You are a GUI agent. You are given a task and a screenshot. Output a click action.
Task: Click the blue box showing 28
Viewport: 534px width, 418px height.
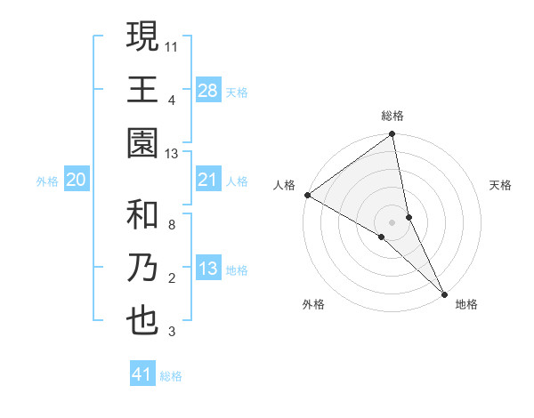(208, 91)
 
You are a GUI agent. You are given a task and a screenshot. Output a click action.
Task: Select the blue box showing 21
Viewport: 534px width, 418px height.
(208, 181)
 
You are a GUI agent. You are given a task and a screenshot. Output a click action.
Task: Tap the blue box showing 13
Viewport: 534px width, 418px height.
(208, 269)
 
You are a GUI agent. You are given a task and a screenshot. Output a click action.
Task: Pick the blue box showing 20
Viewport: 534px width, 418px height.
(77, 181)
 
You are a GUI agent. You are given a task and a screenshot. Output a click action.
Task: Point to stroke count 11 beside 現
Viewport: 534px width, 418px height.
(173, 44)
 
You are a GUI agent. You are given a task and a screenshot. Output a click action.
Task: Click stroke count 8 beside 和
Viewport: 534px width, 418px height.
(172, 224)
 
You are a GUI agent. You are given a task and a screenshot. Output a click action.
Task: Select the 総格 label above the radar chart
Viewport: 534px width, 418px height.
(392, 116)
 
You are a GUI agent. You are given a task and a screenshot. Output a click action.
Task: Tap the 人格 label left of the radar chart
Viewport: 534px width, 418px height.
(284, 185)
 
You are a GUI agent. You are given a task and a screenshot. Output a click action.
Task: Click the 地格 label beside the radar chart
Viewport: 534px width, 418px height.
(466, 304)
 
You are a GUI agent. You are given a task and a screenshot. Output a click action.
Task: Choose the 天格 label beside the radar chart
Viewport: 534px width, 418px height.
(501, 185)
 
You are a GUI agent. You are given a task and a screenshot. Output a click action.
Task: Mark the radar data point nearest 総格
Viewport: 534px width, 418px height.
(392, 135)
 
